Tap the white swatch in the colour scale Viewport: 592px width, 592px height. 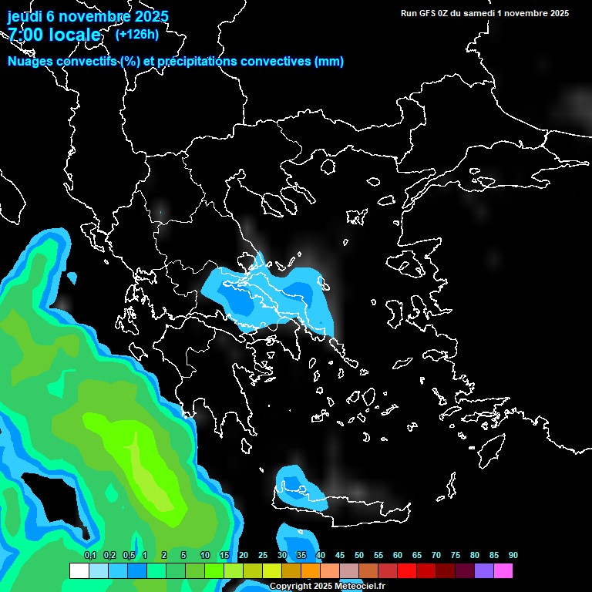pos(79,571)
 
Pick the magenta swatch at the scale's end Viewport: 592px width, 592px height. pos(503,571)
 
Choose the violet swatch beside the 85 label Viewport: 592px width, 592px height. pos(484,571)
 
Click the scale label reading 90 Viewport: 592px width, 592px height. pos(513,556)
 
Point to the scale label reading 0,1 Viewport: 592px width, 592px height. pos(90,556)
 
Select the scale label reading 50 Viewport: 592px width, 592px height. pos(359,556)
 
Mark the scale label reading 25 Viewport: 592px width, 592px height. pos(263,556)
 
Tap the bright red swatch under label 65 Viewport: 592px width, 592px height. pos(407,571)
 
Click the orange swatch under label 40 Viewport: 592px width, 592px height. pos(311,571)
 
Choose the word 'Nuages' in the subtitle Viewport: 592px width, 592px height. pos(28,62)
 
